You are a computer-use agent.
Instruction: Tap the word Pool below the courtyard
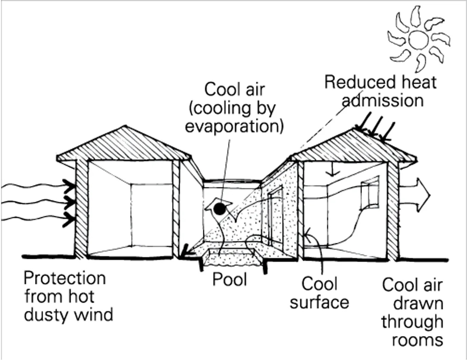pos(229,280)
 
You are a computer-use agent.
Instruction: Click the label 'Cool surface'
pos(319,293)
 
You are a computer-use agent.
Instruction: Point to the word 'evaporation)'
pos(234,126)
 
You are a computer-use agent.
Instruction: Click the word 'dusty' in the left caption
pos(44,315)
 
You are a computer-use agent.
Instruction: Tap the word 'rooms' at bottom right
pos(417,339)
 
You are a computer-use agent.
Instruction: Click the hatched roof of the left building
pos(124,146)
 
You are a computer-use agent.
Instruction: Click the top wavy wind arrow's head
pos(69,186)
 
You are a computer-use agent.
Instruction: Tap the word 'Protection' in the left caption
pos(65,279)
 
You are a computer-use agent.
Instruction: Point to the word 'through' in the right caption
pos(412,321)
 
